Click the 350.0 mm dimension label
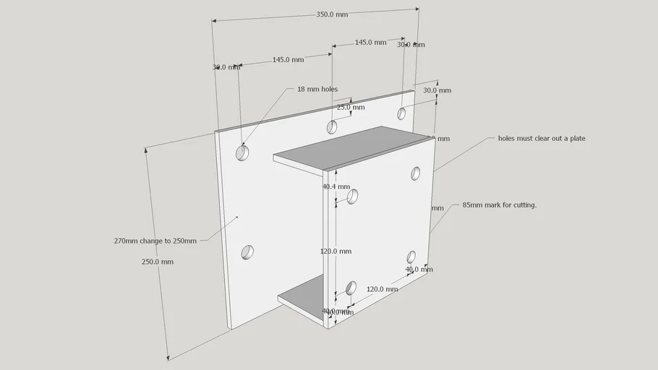[x=332, y=14]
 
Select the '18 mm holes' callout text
[x=317, y=90]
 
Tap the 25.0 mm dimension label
[x=351, y=108]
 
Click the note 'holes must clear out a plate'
[x=542, y=138]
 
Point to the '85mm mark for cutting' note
[x=500, y=205]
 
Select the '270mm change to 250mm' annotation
[x=155, y=241]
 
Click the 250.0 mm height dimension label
[x=158, y=262]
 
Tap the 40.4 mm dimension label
[x=336, y=186]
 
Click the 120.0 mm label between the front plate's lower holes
[x=382, y=289]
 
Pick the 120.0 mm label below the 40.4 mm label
[x=336, y=251]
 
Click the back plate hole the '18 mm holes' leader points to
[x=242, y=153]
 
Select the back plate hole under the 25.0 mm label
[x=332, y=127]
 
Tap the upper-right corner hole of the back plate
[x=402, y=113]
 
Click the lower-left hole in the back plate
[x=247, y=251]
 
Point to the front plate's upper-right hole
[x=416, y=173]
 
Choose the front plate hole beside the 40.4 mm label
[x=354, y=196]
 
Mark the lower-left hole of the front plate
[x=351, y=288]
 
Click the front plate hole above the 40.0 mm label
[x=411, y=257]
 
